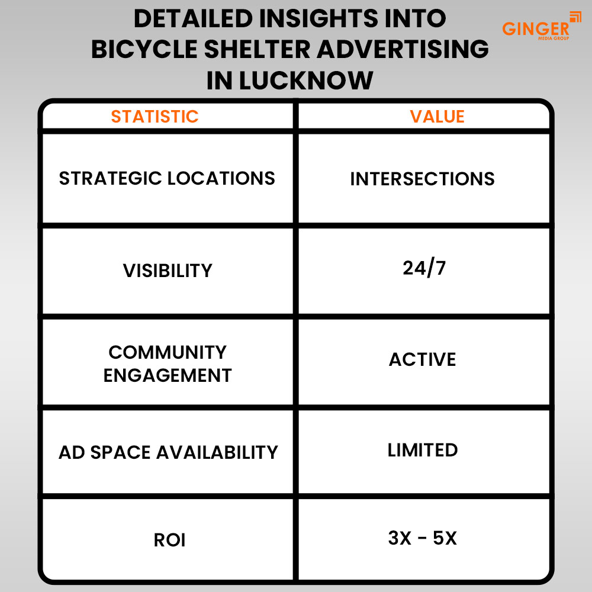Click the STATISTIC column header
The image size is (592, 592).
click(x=155, y=116)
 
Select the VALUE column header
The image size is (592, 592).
click(x=437, y=116)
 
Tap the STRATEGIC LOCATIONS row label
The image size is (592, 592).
click(x=167, y=178)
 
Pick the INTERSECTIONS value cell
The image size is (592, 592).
click(x=423, y=179)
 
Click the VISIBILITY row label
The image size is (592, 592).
click(x=168, y=271)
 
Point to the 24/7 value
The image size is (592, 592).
click(x=424, y=268)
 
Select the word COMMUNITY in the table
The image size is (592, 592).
click(x=168, y=352)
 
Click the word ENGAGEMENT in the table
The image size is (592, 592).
click(x=168, y=376)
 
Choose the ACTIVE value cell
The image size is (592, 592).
click(x=423, y=359)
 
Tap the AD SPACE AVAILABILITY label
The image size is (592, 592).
click(x=168, y=452)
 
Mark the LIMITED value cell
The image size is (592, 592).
click(x=423, y=450)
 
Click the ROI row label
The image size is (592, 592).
click(x=169, y=540)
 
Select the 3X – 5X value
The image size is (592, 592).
click(x=423, y=538)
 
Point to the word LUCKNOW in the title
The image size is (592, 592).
click(x=306, y=81)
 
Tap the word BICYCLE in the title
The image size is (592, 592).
click(x=144, y=49)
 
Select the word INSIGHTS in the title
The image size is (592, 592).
click(x=318, y=18)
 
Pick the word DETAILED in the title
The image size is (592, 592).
click(x=194, y=18)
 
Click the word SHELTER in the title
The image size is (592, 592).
click(x=257, y=49)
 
